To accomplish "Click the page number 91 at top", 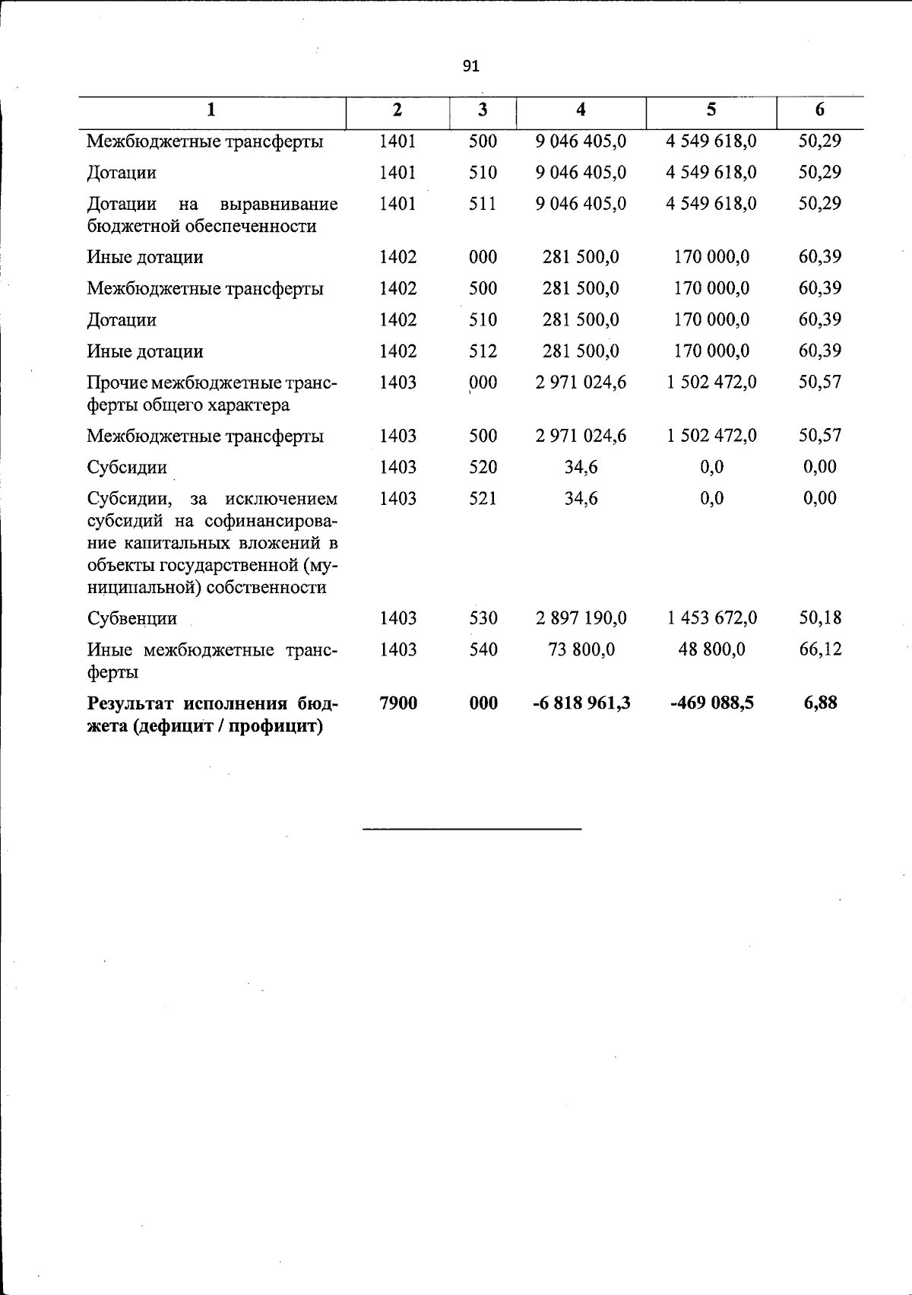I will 471,67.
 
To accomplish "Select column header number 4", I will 581,110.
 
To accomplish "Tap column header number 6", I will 819,110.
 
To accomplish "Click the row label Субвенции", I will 131,618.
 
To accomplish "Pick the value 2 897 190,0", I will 581,618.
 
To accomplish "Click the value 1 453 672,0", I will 712,618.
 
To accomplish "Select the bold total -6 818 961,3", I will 581,703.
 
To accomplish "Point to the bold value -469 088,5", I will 712,703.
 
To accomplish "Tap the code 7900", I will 398,703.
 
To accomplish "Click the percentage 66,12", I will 820,649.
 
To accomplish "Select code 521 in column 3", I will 483,499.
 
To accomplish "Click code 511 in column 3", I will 483,204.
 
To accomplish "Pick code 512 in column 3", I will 483,351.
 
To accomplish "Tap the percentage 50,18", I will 820,618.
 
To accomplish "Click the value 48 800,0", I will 712,649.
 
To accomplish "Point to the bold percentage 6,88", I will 820,703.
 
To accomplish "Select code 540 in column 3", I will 483,649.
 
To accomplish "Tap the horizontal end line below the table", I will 472,828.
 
